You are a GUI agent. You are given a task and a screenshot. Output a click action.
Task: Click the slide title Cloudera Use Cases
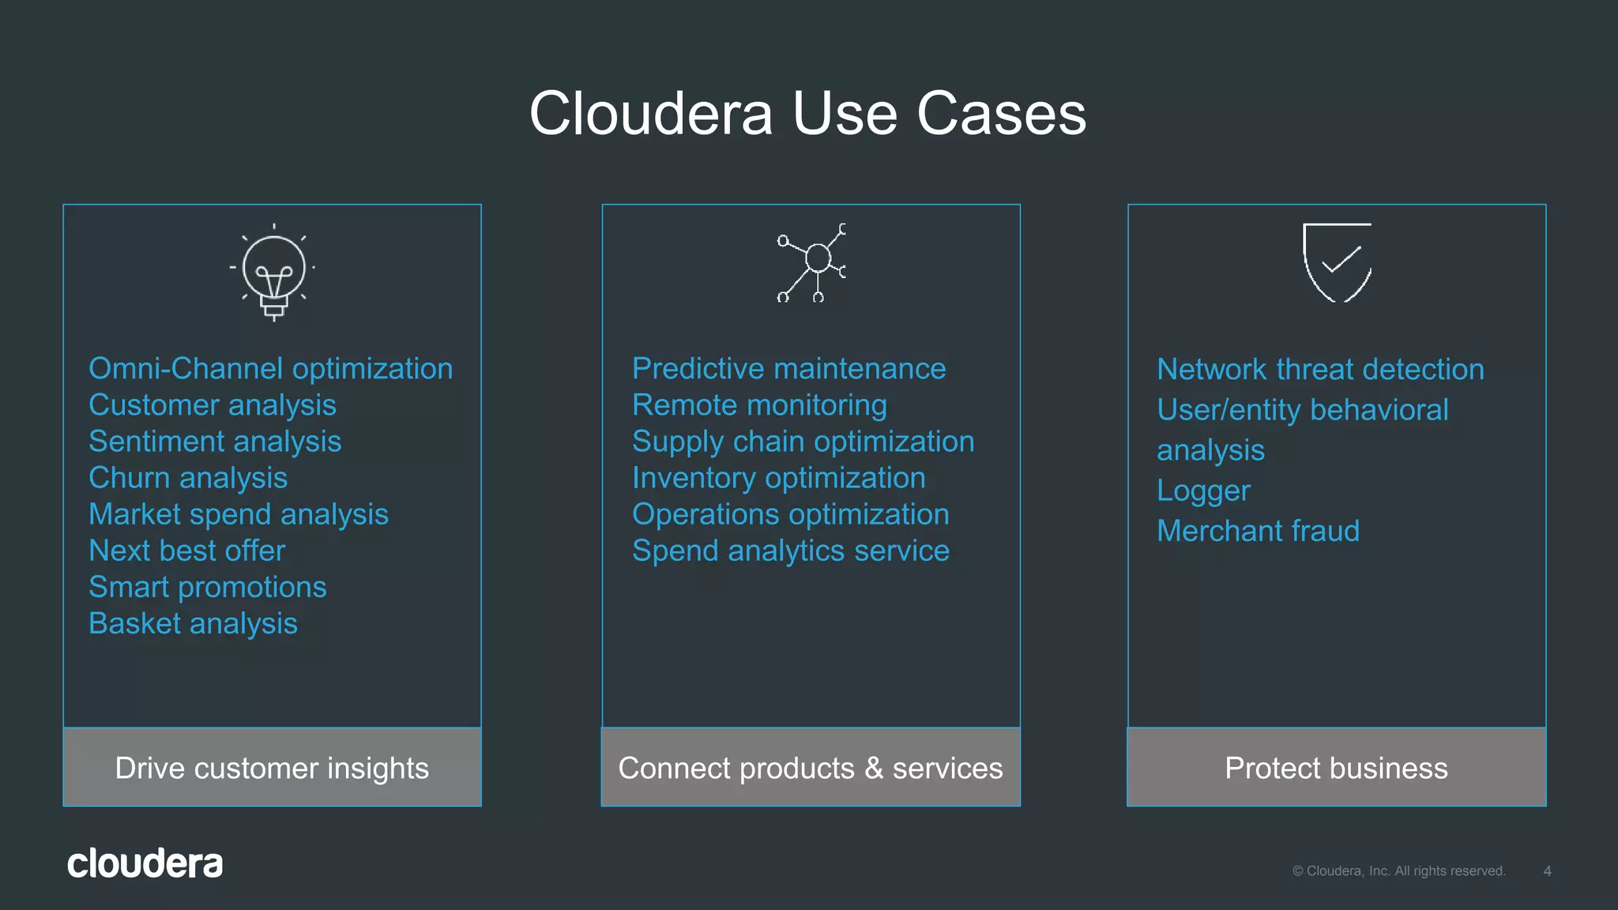pyautogui.click(x=807, y=114)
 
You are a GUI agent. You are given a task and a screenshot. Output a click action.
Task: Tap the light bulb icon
pyautogui.click(x=273, y=272)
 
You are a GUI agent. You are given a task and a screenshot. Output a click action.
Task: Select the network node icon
pyautogui.click(x=813, y=262)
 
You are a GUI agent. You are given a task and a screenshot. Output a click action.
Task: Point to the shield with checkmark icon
pyautogui.click(x=1337, y=261)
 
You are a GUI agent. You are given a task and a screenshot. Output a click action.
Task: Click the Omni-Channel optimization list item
pyautogui.click(x=270, y=369)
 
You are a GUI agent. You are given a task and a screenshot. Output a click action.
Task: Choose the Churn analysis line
pyautogui.click(x=188, y=478)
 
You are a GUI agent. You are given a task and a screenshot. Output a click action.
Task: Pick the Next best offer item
pyautogui.click(x=186, y=551)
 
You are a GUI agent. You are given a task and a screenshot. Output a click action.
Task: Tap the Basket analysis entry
pyautogui.click(x=193, y=624)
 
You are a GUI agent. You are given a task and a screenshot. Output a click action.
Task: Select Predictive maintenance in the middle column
pyautogui.click(x=788, y=369)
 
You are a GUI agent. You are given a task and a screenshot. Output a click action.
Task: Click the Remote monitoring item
pyautogui.click(x=759, y=405)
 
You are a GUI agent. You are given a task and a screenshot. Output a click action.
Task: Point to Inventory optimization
pyautogui.click(x=778, y=478)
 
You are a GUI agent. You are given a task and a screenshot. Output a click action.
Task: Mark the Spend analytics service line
pyautogui.click(x=790, y=551)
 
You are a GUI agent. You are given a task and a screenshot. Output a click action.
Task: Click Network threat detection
pyautogui.click(x=1320, y=370)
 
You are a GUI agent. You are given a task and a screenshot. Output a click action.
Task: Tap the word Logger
pyautogui.click(x=1203, y=491)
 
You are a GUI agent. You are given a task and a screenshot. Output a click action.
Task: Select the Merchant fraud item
pyautogui.click(x=1258, y=531)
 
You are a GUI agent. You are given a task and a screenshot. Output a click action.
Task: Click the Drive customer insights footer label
pyautogui.click(x=272, y=768)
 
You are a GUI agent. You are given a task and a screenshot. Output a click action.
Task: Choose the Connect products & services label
pyautogui.click(x=811, y=768)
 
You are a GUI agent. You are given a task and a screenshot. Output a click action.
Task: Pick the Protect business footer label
pyautogui.click(x=1336, y=768)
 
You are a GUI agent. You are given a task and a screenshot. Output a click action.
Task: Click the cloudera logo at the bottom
pyautogui.click(x=145, y=863)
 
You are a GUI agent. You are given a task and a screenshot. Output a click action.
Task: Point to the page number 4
pyautogui.click(x=1547, y=871)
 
